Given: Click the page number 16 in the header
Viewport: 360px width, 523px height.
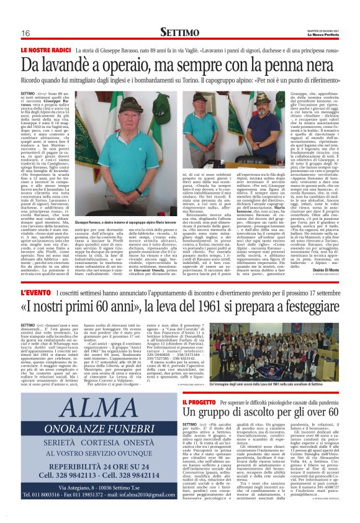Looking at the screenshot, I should [25, 33].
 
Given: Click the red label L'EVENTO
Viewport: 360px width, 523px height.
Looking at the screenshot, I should [34, 293].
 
